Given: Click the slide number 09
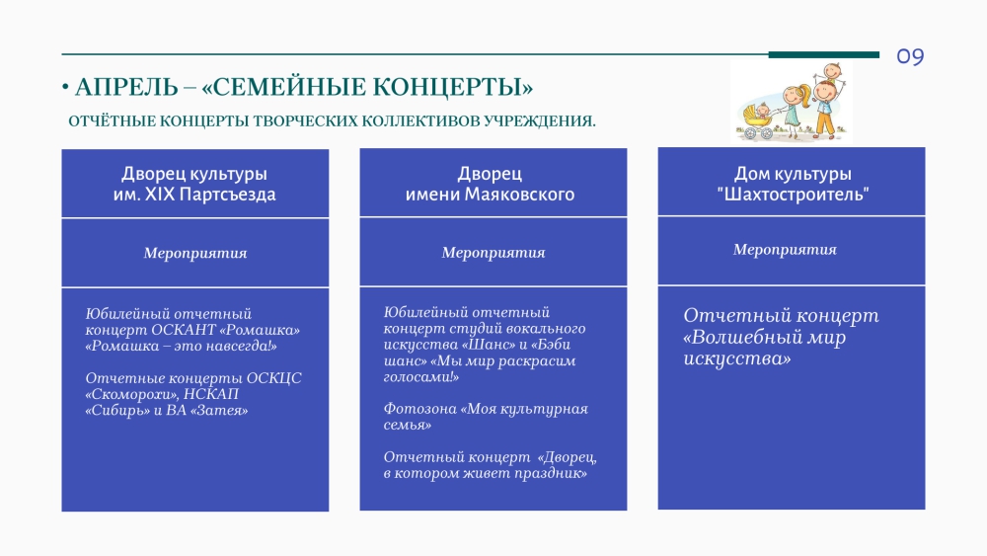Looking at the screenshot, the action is (x=910, y=56).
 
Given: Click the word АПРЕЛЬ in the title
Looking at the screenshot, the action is (x=126, y=87).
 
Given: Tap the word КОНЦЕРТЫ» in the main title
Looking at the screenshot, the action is (x=452, y=87).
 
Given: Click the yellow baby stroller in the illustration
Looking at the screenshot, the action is (x=758, y=122).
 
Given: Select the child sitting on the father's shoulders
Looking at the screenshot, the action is (x=832, y=72).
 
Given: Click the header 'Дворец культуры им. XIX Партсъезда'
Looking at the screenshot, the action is (x=194, y=184).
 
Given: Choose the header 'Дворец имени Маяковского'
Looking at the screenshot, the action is (x=490, y=184).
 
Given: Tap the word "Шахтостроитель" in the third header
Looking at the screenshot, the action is (x=794, y=194).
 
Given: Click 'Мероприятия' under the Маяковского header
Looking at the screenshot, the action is (x=493, y=253).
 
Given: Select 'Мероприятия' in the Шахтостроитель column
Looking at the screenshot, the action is (x=785, y=249).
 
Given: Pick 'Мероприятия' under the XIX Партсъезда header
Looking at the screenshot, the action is (x=195, y=253).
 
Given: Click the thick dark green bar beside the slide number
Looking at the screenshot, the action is (x=824, y=54).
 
